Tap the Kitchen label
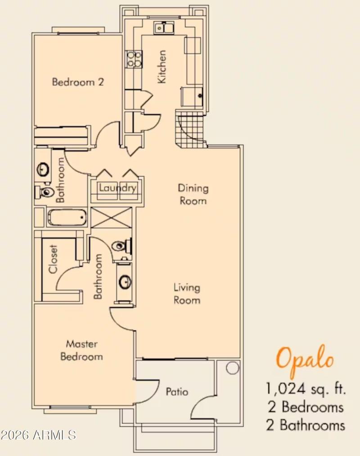coord(162,66)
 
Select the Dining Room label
coord(193,194)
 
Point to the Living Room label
coord(187,293)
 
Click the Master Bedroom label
coord(81,350)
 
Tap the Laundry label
coord(117,188)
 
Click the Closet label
coord(54,259)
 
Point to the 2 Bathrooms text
coord(306,424)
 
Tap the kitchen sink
coord(164,28)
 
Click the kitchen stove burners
coord(134,59)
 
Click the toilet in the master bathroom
coord(121,246)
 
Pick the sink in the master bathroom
coord(125,283)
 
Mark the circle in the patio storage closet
coord(232,368)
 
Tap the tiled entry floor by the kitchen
coord(190,129)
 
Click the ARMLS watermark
coord(38,435)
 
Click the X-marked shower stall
coord(112,217)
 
